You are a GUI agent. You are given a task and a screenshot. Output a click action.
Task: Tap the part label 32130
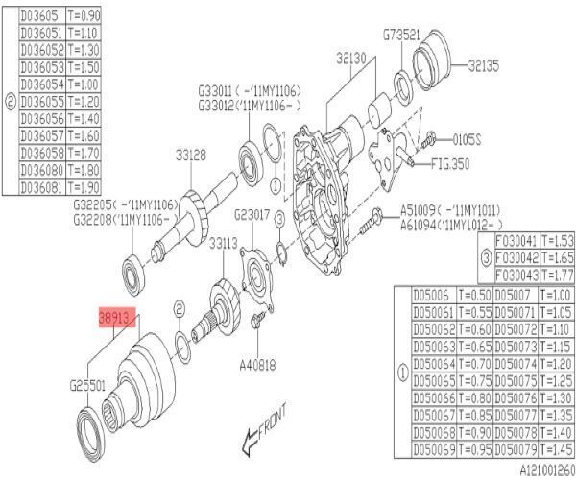coord(351,59)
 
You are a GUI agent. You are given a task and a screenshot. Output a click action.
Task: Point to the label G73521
coord(401,35)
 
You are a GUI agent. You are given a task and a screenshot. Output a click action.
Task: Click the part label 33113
coord(224,244)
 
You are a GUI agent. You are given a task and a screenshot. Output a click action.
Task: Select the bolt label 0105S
coord(465,138)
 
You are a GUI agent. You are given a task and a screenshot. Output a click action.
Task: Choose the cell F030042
coord(516,259)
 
